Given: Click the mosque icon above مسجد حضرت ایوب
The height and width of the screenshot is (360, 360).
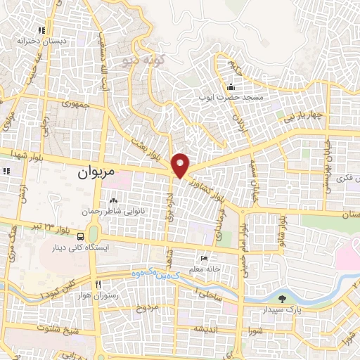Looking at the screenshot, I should click(231, 87).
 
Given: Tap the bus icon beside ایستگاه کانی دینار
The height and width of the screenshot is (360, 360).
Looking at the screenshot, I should click(82, 236).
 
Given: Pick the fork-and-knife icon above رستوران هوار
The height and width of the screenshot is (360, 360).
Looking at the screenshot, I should click(99, 285).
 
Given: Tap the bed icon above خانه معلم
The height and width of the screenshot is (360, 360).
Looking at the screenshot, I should click(205, 259).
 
